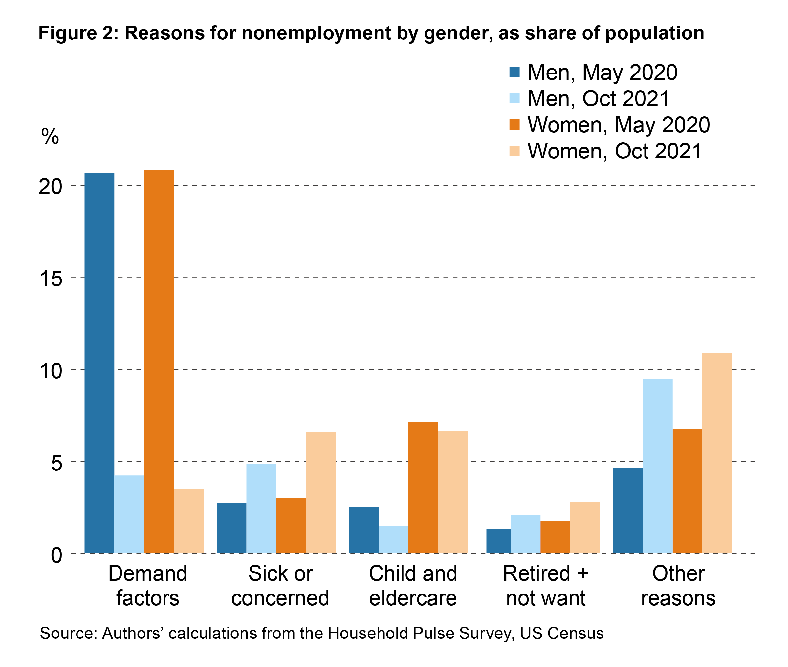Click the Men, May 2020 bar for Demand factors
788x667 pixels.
pos(99,363)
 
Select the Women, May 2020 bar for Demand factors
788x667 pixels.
pos(159,361)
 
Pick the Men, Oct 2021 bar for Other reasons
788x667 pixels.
pos(657,466)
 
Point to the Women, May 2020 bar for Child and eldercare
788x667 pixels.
pos(423,488)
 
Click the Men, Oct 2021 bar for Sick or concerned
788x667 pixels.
pos(261,509)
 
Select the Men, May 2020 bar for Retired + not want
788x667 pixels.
pos(498,541)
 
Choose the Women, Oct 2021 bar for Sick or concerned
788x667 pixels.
pos(320,493)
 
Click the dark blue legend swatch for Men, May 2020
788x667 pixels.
pos(514,72)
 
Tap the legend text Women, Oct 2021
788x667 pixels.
pos(614,151)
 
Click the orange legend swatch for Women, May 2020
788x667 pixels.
pos(514,124)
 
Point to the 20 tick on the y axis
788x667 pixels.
pos(50,186)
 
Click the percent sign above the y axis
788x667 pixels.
pos(50,136)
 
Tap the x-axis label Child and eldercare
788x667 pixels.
pos(413,586)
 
